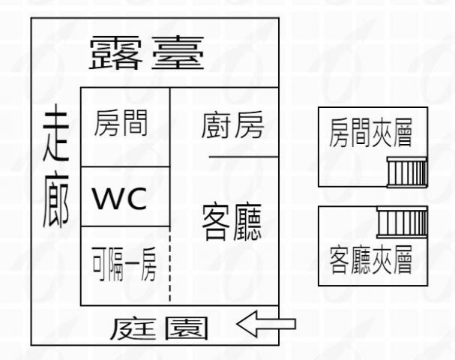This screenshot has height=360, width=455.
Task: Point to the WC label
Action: tap(123, 199)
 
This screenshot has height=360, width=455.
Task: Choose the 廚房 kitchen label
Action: tap(232, 127)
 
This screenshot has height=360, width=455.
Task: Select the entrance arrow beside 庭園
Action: tap(265, 325)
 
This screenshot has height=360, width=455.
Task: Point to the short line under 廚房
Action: tap(243, 157)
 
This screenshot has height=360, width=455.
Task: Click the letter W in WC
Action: tap(109, 199)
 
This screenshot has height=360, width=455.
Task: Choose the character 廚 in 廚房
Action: tap(216, 127)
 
